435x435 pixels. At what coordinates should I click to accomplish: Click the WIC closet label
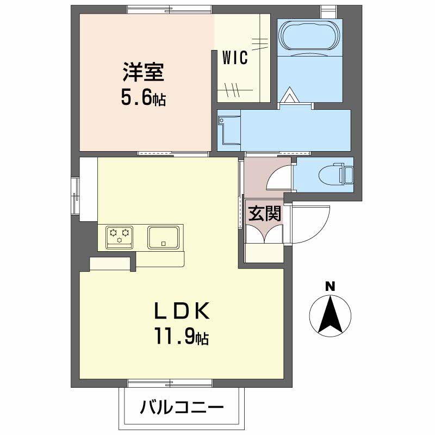pos(235,57)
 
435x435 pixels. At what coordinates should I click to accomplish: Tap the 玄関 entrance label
pos(265,213)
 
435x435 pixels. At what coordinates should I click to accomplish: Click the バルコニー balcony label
pos(182,407)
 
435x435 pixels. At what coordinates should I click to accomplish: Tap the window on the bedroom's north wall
pos(169,9)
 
